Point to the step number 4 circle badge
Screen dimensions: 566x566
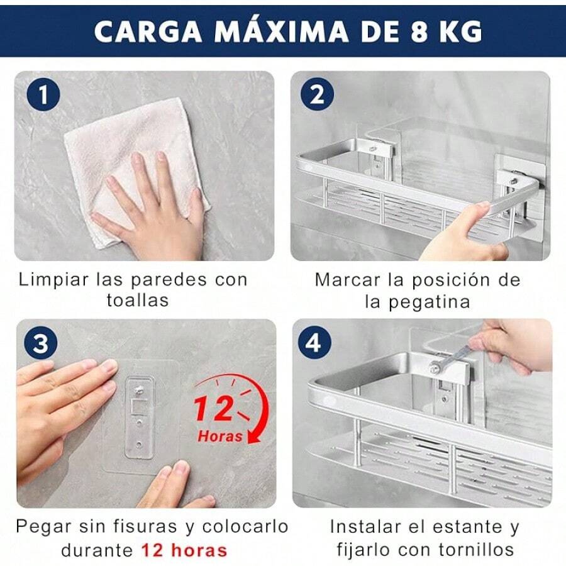(317, 344)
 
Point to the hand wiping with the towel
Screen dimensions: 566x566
(157, 201)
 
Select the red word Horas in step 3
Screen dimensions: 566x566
(220, 435)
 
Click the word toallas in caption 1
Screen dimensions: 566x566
(138, 300)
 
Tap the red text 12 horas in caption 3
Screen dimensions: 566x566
(184, 551)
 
